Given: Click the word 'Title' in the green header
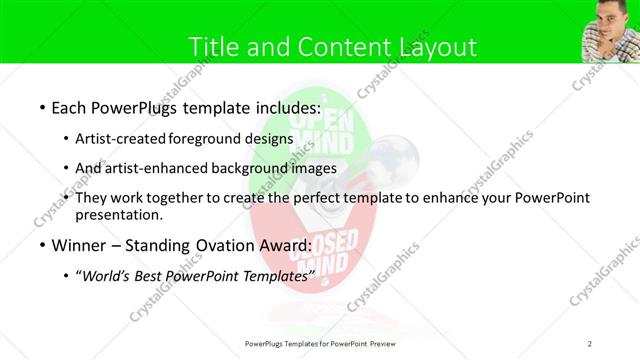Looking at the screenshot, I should [212, 46].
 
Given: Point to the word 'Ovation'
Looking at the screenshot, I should [237, 246].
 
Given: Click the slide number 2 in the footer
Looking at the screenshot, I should [590, 343].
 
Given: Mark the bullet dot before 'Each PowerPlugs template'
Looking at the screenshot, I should [42, 107].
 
